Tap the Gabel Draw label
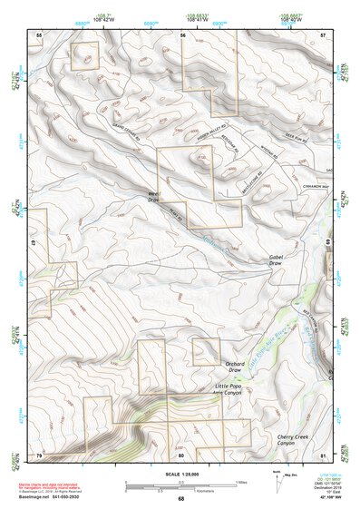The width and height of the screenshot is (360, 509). tap(277, 260)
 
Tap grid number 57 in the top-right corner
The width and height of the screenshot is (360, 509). tap(322, 34)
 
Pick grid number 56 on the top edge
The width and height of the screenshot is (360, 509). tap(183, 34)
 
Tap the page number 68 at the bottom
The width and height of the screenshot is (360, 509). tap(180, 498)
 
